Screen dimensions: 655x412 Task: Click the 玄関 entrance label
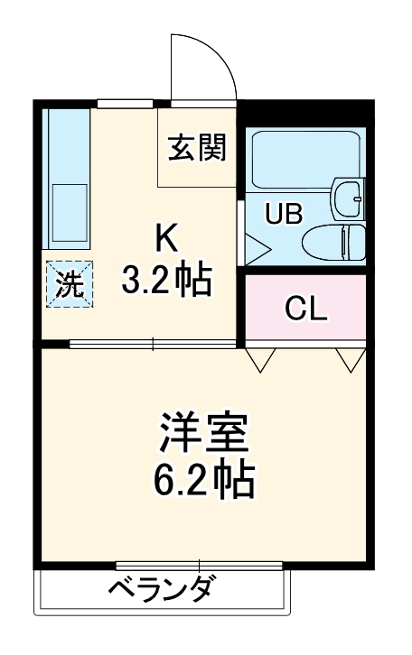pos(195,147)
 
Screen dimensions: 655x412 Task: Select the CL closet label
pos(305,309)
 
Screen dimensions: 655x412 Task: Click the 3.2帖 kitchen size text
pos(167,281)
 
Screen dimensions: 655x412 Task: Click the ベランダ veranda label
pos(163,592)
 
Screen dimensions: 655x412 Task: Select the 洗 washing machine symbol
pos(70,284)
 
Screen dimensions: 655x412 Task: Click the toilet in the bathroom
pos(332,242)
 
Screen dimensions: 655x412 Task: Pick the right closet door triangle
pos(351,360)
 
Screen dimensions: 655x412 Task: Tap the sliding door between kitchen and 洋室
pos(154,344)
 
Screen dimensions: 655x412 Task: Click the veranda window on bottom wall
pos(163,566)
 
